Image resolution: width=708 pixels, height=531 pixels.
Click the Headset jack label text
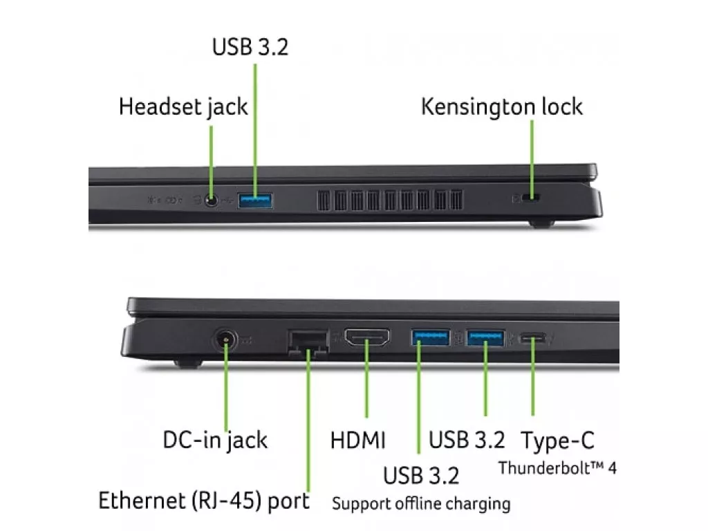[183, 107]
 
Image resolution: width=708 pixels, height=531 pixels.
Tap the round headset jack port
[211, 200]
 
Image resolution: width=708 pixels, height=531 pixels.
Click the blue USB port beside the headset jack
[255, 201]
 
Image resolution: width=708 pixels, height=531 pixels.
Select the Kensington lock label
[502, 107]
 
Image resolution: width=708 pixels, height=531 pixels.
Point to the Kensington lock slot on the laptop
[531, 197]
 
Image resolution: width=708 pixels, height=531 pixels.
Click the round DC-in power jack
[225, 339]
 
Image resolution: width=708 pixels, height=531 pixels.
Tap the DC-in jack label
[215, 440]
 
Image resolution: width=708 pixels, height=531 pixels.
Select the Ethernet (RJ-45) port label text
[204, 501]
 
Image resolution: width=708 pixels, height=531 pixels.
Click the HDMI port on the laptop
[367, 337]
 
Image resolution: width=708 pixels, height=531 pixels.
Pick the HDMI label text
[358, 440]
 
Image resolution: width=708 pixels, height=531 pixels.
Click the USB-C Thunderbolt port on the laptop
[533, 337]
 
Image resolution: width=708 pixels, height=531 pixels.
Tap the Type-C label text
[558, 441]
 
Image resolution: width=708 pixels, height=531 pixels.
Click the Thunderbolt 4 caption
[557, 468]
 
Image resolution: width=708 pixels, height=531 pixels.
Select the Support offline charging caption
[421, 503]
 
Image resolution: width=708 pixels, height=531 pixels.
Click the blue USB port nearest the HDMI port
[430, 337]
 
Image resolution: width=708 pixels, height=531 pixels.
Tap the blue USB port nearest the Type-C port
[485, 337]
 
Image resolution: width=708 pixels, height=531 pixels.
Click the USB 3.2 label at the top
[250, 47]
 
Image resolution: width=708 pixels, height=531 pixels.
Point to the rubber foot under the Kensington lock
[541, 223]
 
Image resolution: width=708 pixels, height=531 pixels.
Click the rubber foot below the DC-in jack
[188, 363]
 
